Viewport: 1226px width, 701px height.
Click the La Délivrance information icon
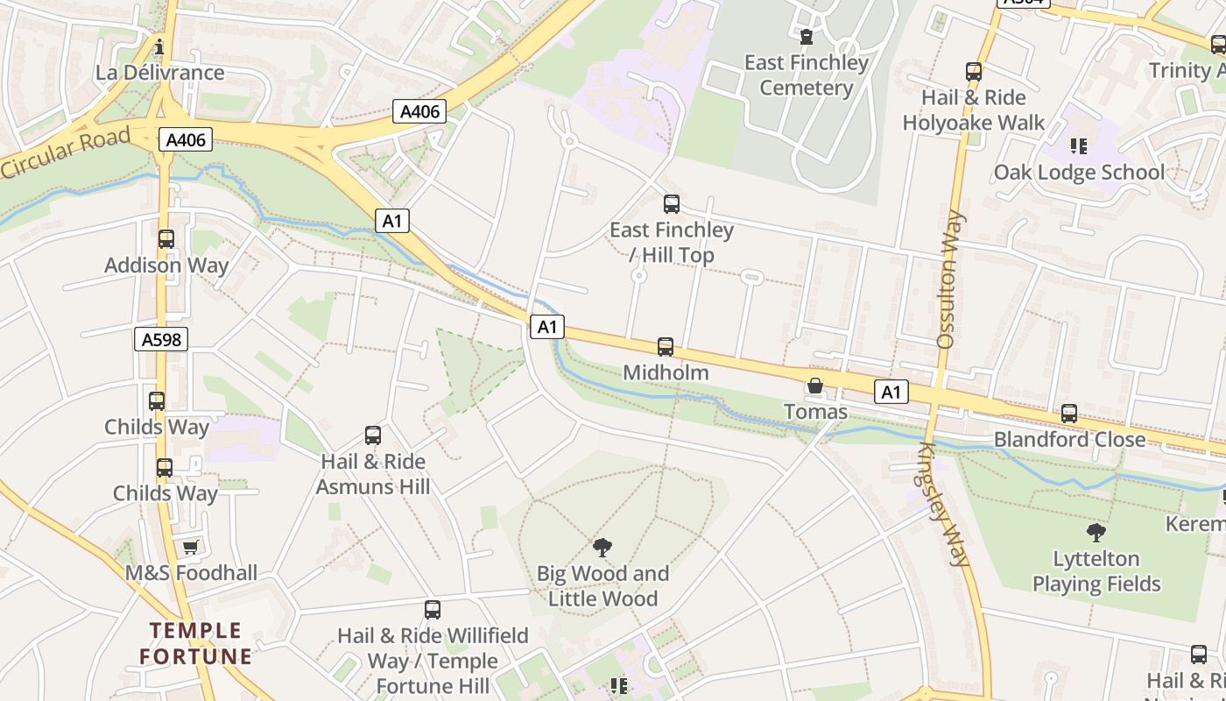click(159, 46)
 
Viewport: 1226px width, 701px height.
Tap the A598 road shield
click(161, 339)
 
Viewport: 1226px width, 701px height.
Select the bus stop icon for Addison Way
click(166, 238)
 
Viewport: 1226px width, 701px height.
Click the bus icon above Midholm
click(666, 347)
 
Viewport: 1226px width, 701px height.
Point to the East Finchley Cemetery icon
click(806, 37)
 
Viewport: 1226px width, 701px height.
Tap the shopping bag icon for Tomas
click(815, 386)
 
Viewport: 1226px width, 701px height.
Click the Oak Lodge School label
click(1079, 173)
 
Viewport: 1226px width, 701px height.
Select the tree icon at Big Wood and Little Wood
click(602, 548)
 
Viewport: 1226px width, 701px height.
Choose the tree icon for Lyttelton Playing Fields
click(1096, 532)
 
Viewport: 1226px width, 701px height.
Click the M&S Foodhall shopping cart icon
click(190, 548)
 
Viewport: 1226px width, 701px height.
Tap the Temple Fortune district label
click(195, 643)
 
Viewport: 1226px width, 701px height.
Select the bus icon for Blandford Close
click(1068, 414)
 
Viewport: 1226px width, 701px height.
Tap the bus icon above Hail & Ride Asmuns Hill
click(373, 435)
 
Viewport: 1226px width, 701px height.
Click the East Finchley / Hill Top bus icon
click(672, 204)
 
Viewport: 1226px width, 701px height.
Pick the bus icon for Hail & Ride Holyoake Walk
click(974, 72)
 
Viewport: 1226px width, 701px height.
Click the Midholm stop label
click(666, 372)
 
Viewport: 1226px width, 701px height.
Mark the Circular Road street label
click(66, 152)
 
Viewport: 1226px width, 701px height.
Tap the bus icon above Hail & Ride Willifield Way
click(433, 610)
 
